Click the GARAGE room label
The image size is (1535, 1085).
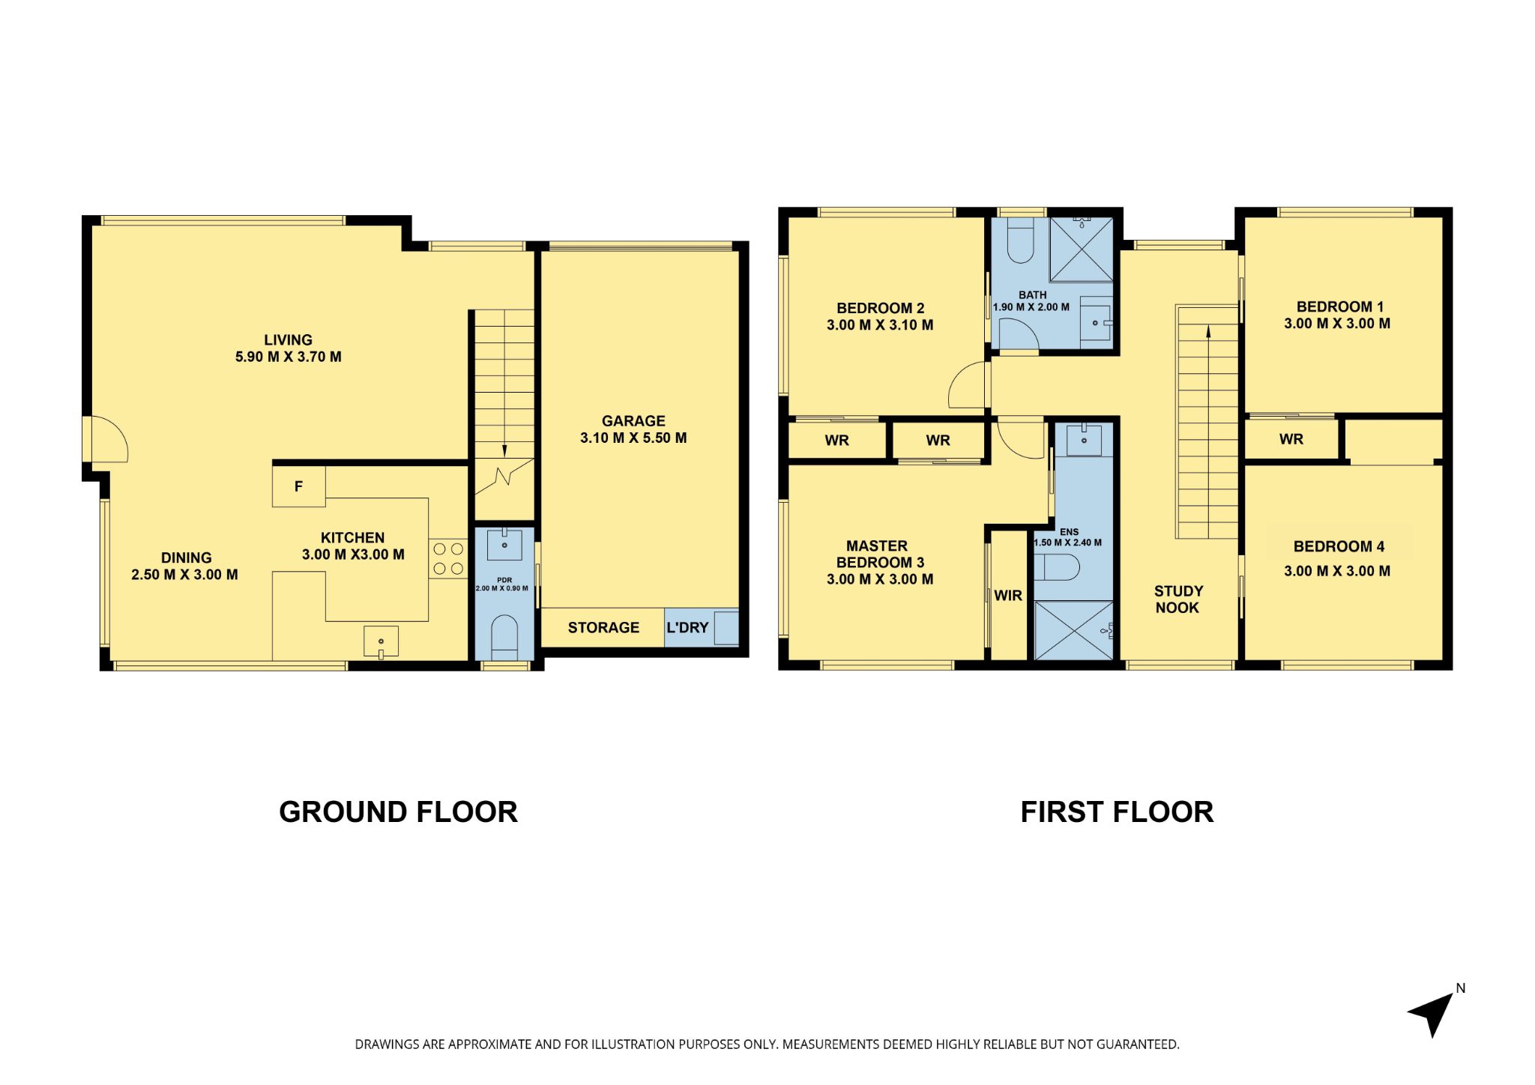pyautogui.click(x=633, y=421)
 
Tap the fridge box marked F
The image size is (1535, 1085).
pyautogui.click(x=298, y=486)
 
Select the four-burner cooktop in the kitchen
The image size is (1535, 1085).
pyautogui.click(x=448, y=559)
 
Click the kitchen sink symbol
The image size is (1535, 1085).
pyautogui.click(x=381, y=642)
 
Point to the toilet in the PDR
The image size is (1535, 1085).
pyautogui.click(x=504, y=638)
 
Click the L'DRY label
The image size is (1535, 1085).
pyautogui.click(x=687, y=628)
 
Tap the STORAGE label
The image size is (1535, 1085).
pyautogui.click(x=603, y=628)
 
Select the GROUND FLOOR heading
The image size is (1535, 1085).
pyautogui.click(x=398, y=812)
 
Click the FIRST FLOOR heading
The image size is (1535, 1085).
pyautogui.click(x=1117, y=812)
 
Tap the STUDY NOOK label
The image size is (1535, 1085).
pyautogui.click(x=1178, y=599)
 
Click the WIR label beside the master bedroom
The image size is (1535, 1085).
pyautogui.click(x=1008, y=596)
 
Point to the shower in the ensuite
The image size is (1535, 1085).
pyautogui.click(x=1074, y=630)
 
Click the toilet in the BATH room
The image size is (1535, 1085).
pyautogui.click(x=1021, y=240)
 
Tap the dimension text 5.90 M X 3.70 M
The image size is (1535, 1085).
pyautogui.click(x=289, y=357)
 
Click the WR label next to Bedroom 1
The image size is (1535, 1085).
pyautogui.click(x=1291, y=439)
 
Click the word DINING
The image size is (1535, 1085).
pyautogui.click(x=187, y=557)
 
